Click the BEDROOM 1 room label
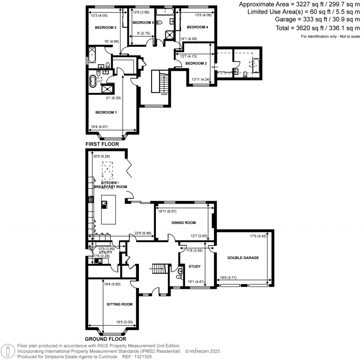[106, 112]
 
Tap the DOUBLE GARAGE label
[243, 258]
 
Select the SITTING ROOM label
[119, 304]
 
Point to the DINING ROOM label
[183, 223]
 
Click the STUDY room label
[194, 267]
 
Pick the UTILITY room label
[105, 252]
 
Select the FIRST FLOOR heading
[102, 144]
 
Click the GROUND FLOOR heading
[106, 339]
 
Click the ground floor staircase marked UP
[159, 268]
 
